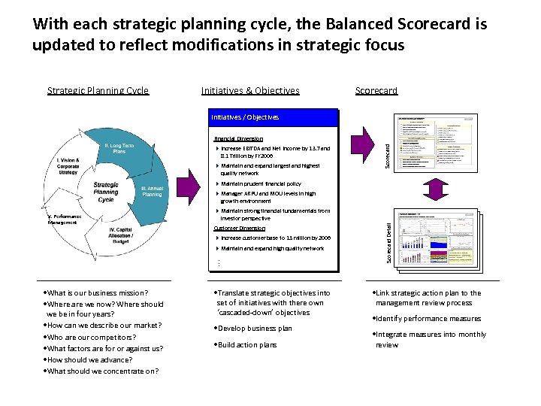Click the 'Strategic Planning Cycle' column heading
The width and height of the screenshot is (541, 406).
tap(98, 91)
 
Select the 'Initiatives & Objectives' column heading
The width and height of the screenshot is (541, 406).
tap(250, 91)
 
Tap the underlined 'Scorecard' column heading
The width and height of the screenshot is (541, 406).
tap(376, 91)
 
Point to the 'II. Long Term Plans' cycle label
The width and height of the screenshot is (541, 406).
tap(119, 148)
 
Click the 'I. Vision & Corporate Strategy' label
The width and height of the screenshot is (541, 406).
tap(68, 166)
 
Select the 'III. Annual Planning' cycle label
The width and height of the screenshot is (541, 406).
tap(152, 191)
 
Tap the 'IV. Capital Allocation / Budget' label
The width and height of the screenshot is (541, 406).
tap(121, 235)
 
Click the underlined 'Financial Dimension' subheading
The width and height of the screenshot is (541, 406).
tap(238, 139)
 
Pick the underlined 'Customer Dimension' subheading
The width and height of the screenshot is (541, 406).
tap(239, 229)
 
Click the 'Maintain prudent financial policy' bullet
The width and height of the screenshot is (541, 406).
tap(261, 183)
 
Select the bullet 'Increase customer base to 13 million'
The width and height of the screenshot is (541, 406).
tap(275, 238)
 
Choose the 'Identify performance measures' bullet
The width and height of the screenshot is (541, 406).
tap(428, 319)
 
